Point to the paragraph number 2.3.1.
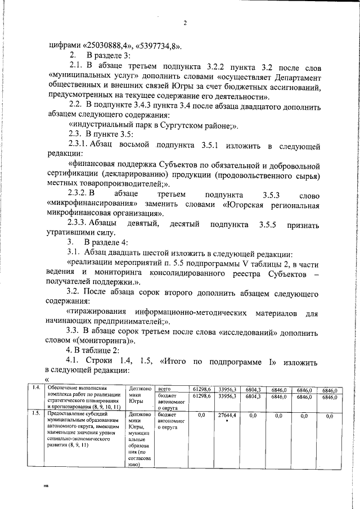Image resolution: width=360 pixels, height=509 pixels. point(83,146)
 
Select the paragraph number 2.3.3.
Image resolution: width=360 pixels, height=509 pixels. point(83,224)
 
